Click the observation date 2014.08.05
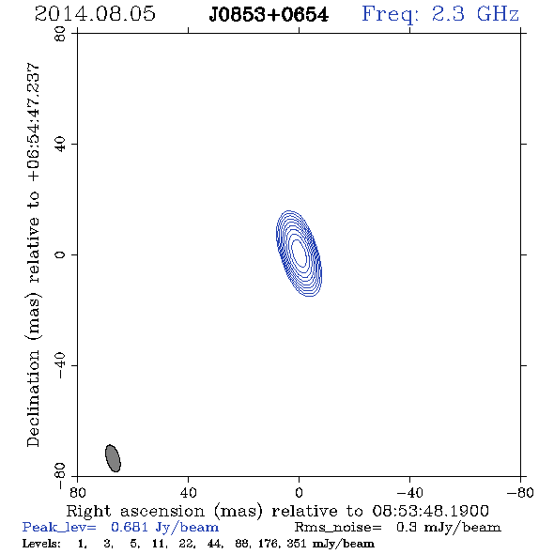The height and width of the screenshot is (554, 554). click(95, 14)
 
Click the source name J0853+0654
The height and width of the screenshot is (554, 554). click(269, 15)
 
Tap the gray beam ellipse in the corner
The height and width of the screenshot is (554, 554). click(113, 458)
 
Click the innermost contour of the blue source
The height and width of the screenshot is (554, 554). click(299, 253)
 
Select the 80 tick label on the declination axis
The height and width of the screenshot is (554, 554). click(60, 34)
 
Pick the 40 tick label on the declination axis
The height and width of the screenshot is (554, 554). click(60, 145)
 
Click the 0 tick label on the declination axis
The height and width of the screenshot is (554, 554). click(60, 254)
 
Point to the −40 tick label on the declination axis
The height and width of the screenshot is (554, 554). click(60, 365)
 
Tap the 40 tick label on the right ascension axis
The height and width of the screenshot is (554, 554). click(188, 493)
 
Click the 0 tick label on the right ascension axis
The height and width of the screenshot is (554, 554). click(299, 493)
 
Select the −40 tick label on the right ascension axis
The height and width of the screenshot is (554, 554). click(409, 493)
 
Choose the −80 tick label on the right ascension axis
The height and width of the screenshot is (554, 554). click(520, 493)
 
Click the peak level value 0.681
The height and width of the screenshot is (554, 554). click(130, 527)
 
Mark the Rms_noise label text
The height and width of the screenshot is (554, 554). click(338, 528)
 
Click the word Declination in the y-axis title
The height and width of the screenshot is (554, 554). click(33, 398)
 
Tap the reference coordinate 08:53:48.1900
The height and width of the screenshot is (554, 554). click(431, 511)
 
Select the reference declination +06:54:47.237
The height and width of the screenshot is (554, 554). click(34, 122)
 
